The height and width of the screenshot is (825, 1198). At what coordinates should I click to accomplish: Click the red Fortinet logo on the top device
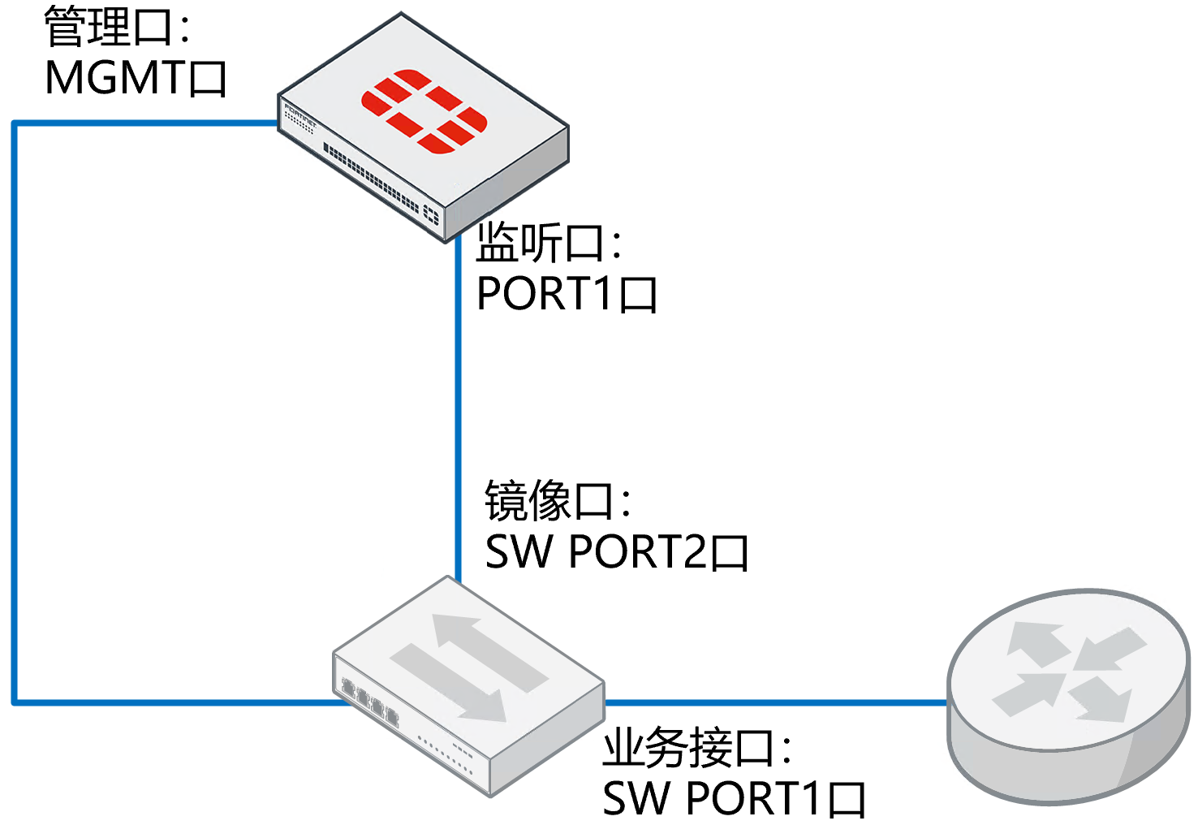[424, 111]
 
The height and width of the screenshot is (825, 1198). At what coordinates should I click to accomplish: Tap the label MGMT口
[136, 79]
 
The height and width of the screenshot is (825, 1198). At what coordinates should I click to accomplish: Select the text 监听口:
[549, 243]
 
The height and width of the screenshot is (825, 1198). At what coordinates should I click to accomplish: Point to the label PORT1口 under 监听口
[567, 294]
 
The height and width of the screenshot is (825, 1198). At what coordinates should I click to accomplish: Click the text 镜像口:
[558, 500]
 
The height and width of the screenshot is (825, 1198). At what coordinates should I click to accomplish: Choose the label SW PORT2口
[616, 552]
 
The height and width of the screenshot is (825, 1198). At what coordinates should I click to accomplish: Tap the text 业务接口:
[696, 748]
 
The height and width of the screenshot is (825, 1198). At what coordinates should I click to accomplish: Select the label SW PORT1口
[734, 798]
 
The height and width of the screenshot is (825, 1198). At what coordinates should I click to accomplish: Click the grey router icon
[1068, 696]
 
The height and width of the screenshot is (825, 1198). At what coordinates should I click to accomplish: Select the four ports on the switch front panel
[370, 701]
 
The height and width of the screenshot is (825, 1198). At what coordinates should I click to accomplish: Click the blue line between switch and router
[775, 702]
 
